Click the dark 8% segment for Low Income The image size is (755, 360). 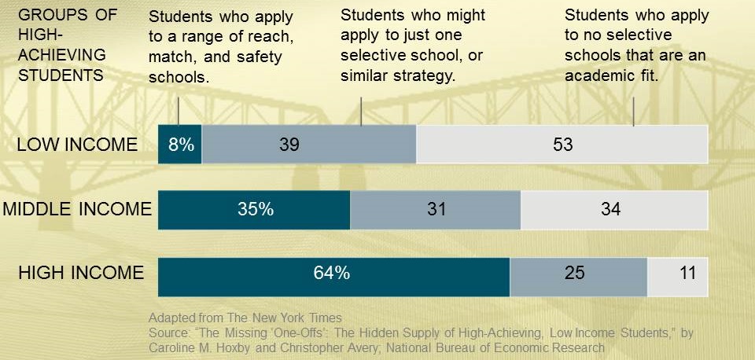[x=180, y=145]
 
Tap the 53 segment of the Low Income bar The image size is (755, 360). [x=562, y=145]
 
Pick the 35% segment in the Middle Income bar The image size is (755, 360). [x=254, y=209]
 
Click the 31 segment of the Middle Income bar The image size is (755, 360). [x=435, y=209]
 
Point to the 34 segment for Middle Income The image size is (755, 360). [x=613, y=209]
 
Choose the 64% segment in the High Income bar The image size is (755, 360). [x=334, y=274]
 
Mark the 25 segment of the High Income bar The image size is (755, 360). [x=578, y=274]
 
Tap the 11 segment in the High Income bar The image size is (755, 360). [x=677, y=274]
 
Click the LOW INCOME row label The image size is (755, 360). [x=77, y=145]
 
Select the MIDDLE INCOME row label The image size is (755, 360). [x=76, y=209]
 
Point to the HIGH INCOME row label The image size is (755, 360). [x=82, y=274]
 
